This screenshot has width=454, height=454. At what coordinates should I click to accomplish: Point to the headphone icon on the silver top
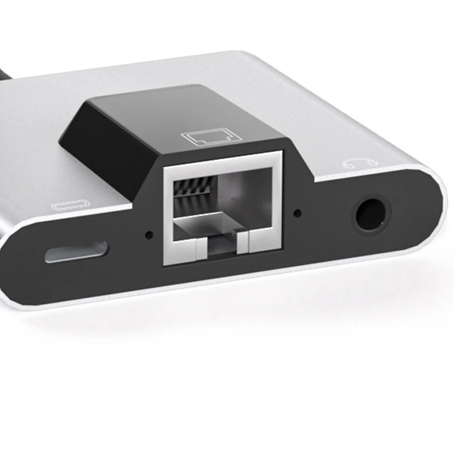click(x=356, y=163)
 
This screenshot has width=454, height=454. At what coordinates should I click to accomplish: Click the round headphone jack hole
click(x=372, y=216)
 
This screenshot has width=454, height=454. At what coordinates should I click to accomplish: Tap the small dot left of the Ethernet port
click(x=149, y=233)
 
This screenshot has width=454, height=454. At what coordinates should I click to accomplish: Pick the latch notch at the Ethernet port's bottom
click(x=222, y=248)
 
